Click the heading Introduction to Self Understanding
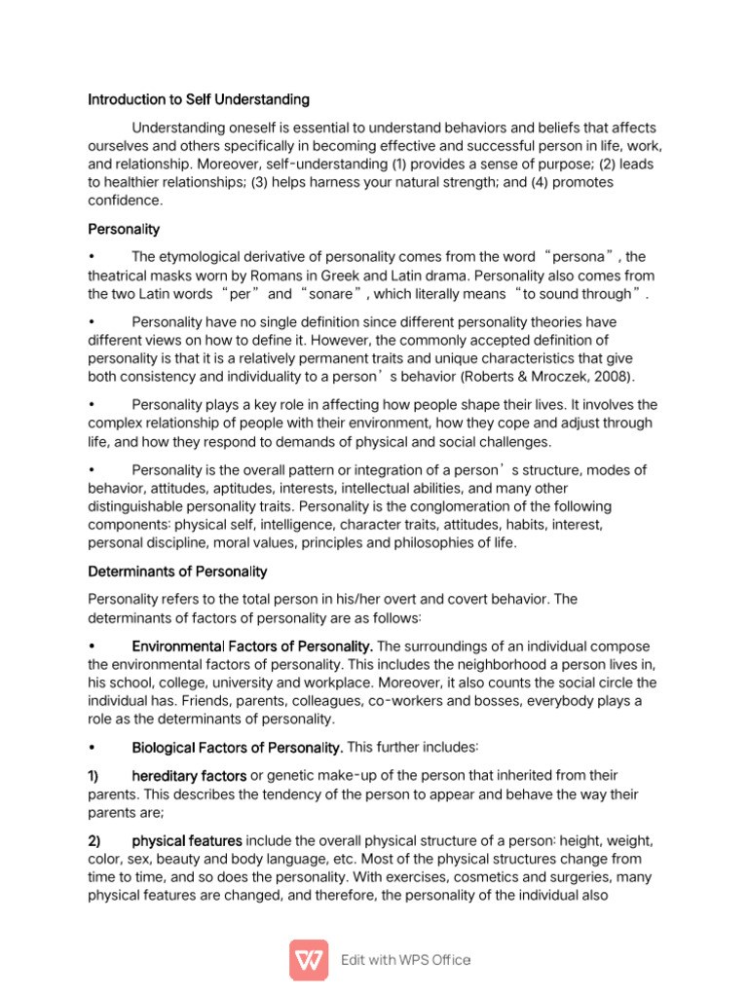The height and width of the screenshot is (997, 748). coord(199,99)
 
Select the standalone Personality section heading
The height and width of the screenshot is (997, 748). coord(124,230)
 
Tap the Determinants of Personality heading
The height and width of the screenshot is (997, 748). coord(177,572)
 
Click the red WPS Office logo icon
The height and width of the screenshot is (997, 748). coord(309,959)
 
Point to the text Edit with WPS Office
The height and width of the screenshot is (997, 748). coord(406,960)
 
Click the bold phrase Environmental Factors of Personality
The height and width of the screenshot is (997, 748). coord(252,646)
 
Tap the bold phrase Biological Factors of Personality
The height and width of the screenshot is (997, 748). coord(237,748)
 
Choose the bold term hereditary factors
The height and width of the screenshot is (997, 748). coord(189,776)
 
